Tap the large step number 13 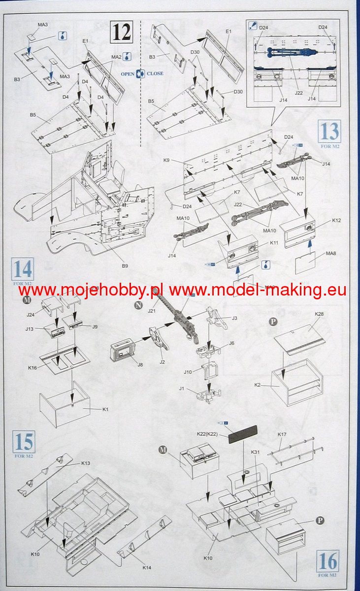[329, 131]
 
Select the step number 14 [23, 270]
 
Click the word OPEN [128, 73]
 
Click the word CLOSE [155, 73]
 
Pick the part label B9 [125, 266]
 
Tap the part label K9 [179, 161]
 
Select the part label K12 [323, 220]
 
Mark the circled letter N [140, 305]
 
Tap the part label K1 [104, 409]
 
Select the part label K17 [282, 435]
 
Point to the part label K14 [147, 568]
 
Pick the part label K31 [255, 452]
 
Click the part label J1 [182, 389]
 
